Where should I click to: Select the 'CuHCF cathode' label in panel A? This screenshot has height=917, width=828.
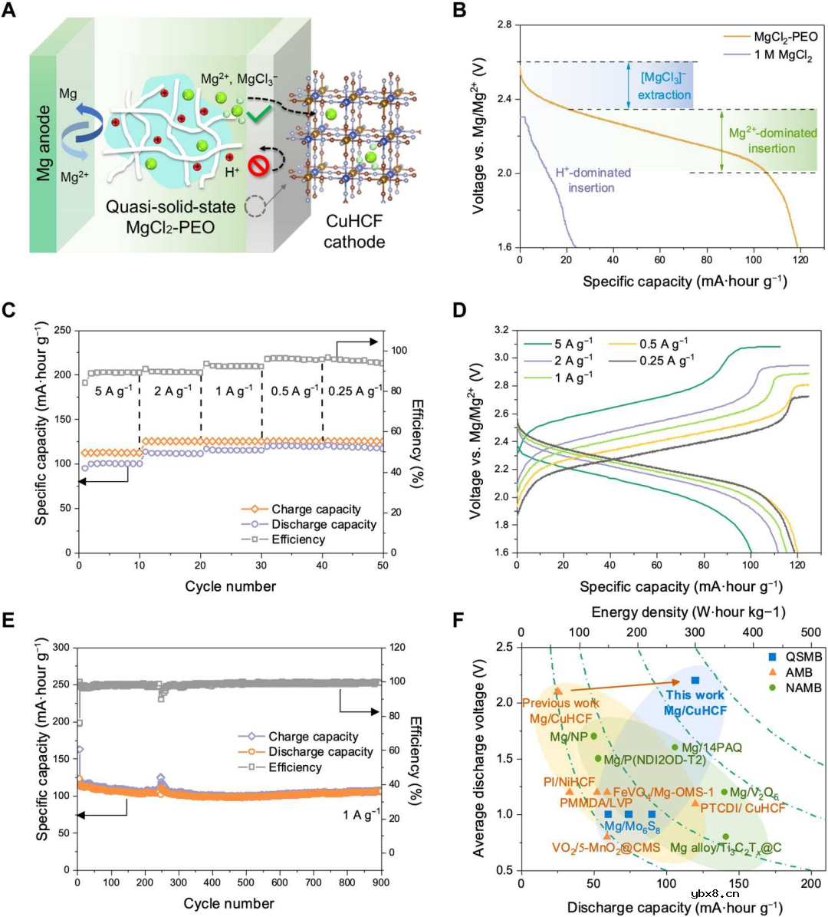click(x=353, y=232)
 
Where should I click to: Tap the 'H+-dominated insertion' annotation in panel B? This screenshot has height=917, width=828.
click(x=593, y=180)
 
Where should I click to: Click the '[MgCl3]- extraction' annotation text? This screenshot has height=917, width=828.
click(x=665, y=87)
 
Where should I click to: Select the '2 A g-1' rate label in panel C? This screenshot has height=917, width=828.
click(x=172, y=391)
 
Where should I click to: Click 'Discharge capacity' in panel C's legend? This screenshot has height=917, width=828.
click(x=324, y=524)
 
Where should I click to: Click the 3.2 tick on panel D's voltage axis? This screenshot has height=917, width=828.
click(x=502, y=330)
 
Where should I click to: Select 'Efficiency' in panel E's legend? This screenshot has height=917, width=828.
click(x=295, y=767)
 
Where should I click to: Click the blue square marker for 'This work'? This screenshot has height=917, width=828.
click(x=695, y=680)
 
